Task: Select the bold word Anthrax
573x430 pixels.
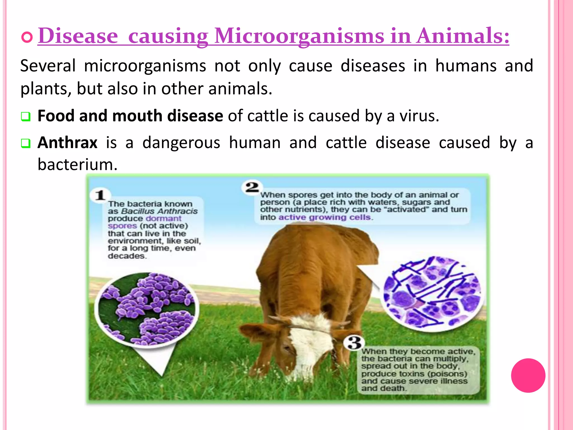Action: click(67, 142)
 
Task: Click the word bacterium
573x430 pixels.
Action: click(77, 164)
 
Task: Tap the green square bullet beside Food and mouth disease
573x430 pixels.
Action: click(25, 116)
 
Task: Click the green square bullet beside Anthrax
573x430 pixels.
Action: click(25, 143)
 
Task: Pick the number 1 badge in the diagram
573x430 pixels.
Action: click(100, 195)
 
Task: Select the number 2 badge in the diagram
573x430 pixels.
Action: click(252, 187)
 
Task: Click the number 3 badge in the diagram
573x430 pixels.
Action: click(354, 343)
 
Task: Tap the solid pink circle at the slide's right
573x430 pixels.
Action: click(528, 375)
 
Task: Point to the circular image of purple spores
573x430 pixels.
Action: click(147, 308)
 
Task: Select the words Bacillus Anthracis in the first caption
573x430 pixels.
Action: click(159, 211)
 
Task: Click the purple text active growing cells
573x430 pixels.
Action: click(325, 218)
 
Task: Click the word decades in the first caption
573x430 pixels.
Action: click(126, 256)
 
